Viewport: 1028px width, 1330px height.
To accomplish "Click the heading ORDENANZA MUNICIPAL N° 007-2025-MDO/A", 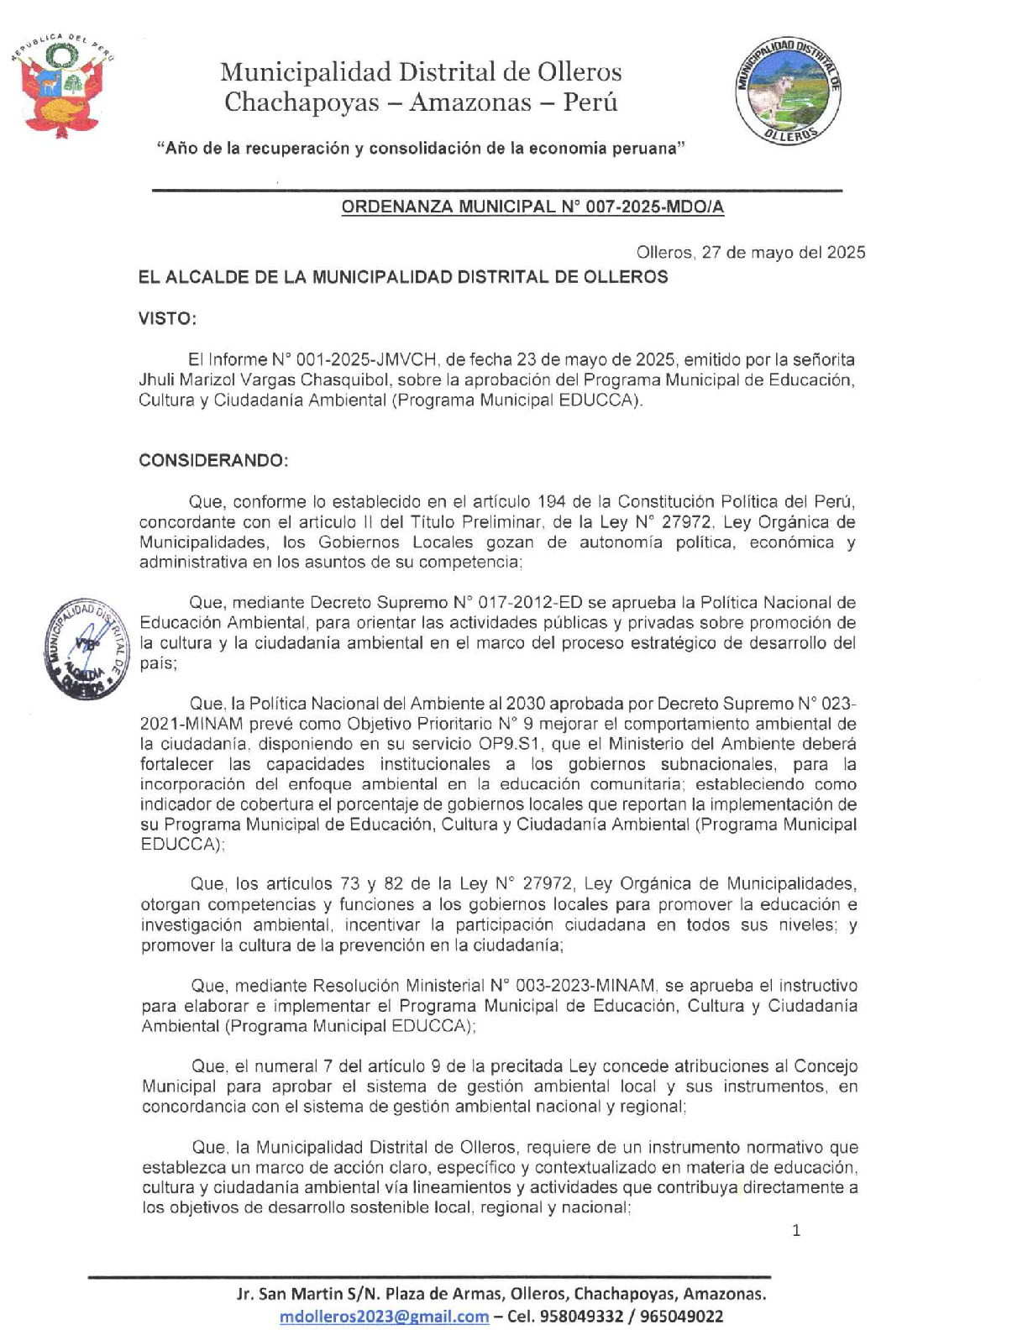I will point(532,207).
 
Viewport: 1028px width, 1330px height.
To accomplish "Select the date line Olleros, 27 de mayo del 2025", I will point(750,253).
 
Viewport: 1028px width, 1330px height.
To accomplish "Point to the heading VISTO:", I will point(168,319).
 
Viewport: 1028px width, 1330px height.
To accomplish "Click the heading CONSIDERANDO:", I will point(213,461).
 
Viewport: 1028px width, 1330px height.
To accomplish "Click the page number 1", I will point(796,1231).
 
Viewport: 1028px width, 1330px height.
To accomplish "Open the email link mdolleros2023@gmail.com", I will point(384,1316).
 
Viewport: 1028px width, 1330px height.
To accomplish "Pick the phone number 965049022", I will point(681,1316).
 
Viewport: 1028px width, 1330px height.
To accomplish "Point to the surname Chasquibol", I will point(338,380).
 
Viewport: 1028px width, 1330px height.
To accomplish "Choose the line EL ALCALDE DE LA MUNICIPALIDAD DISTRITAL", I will point(403,277).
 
